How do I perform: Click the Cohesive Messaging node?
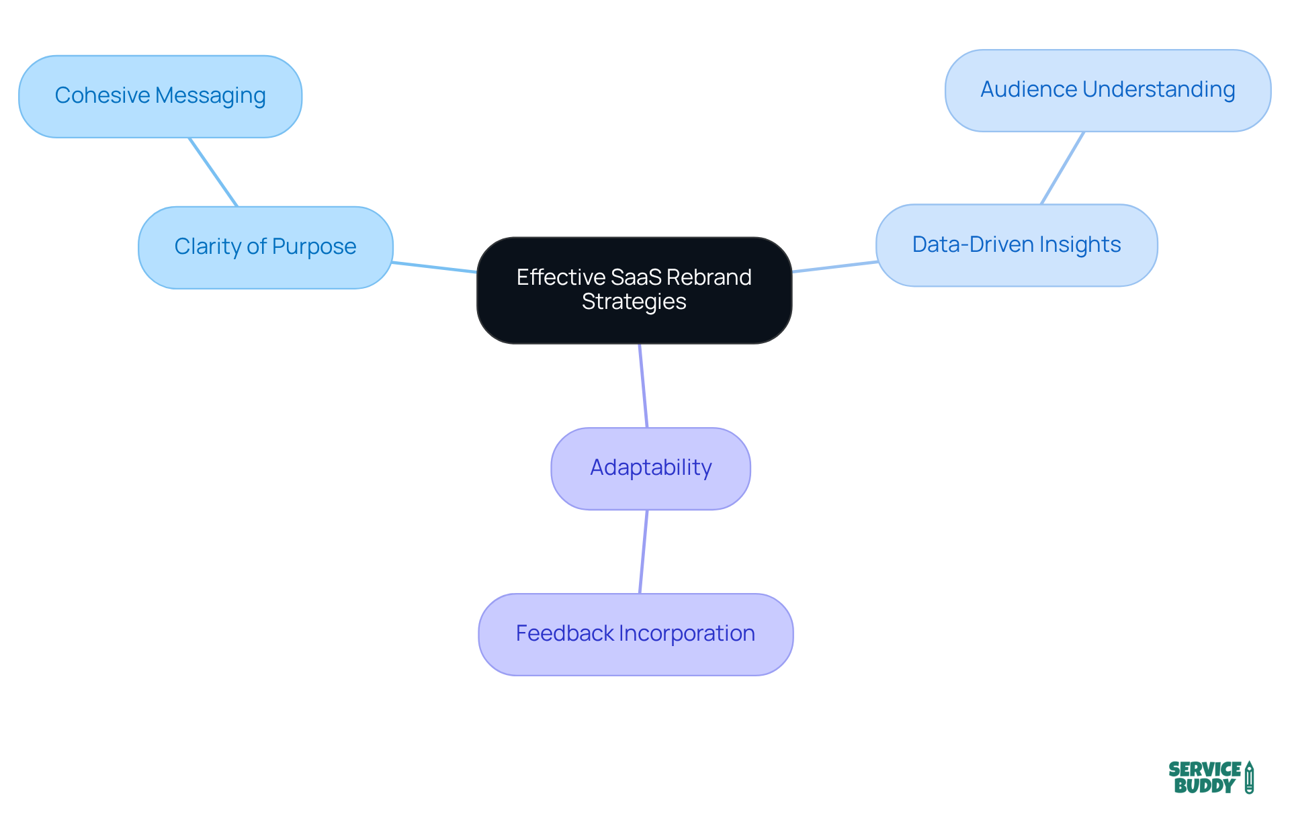tap(160, 97)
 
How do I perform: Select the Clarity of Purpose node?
tap(265, 247)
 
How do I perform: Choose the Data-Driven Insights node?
tap(1016, 245)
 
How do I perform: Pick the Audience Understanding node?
tap(1107, 90)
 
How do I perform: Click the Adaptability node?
tap(650, 468)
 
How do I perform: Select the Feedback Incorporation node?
tap(635, 634)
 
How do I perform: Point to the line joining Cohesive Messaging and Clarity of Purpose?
tap(214, 173)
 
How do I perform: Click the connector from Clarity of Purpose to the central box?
tap(435, 267)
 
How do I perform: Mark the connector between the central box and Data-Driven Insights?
tap(834, 267)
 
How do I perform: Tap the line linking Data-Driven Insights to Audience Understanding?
tap(1062, 168)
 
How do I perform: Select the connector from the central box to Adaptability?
tap(643, 386)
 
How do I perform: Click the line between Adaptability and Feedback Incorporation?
tap(643, 552)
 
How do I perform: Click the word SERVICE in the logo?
tap(1204, 769)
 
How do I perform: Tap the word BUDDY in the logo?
tap(1204, 786)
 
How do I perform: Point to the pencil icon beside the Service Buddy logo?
tap(1249, 778)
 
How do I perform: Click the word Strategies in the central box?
tap(634, 302)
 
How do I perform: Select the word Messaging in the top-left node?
tap(210, 96)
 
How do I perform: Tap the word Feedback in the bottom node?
tap(564, 633)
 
